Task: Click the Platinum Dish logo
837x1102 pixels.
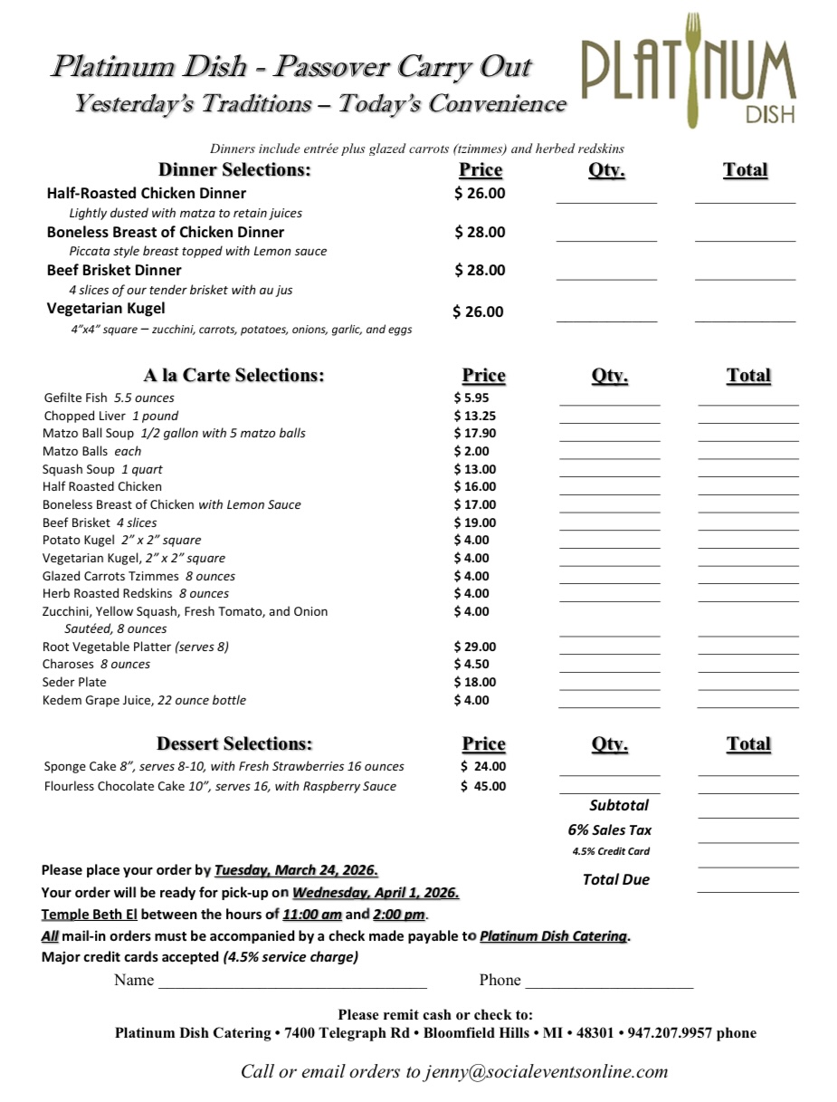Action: coord(688,72)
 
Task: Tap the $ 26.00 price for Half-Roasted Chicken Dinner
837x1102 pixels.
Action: coord(480,193)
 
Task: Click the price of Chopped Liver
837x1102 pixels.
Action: coord(474,416)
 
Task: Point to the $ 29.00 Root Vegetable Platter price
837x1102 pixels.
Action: coord(474,647)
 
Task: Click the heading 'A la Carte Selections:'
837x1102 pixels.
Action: coord(233,375)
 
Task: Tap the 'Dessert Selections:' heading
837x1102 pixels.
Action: coord(234,743)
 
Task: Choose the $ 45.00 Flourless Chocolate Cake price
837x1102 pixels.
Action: coord(483,786)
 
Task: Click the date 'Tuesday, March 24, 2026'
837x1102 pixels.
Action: coord(295,870)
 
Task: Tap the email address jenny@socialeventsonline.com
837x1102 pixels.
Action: coord(547,1072)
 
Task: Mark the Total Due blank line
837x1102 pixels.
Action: coord(747,888)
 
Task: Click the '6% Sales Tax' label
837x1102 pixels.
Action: coord(609,829)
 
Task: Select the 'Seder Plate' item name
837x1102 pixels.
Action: coord(74,682)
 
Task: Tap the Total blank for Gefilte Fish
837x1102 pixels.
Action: coord(747,401)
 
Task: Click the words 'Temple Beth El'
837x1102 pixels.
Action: coord(89,915)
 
